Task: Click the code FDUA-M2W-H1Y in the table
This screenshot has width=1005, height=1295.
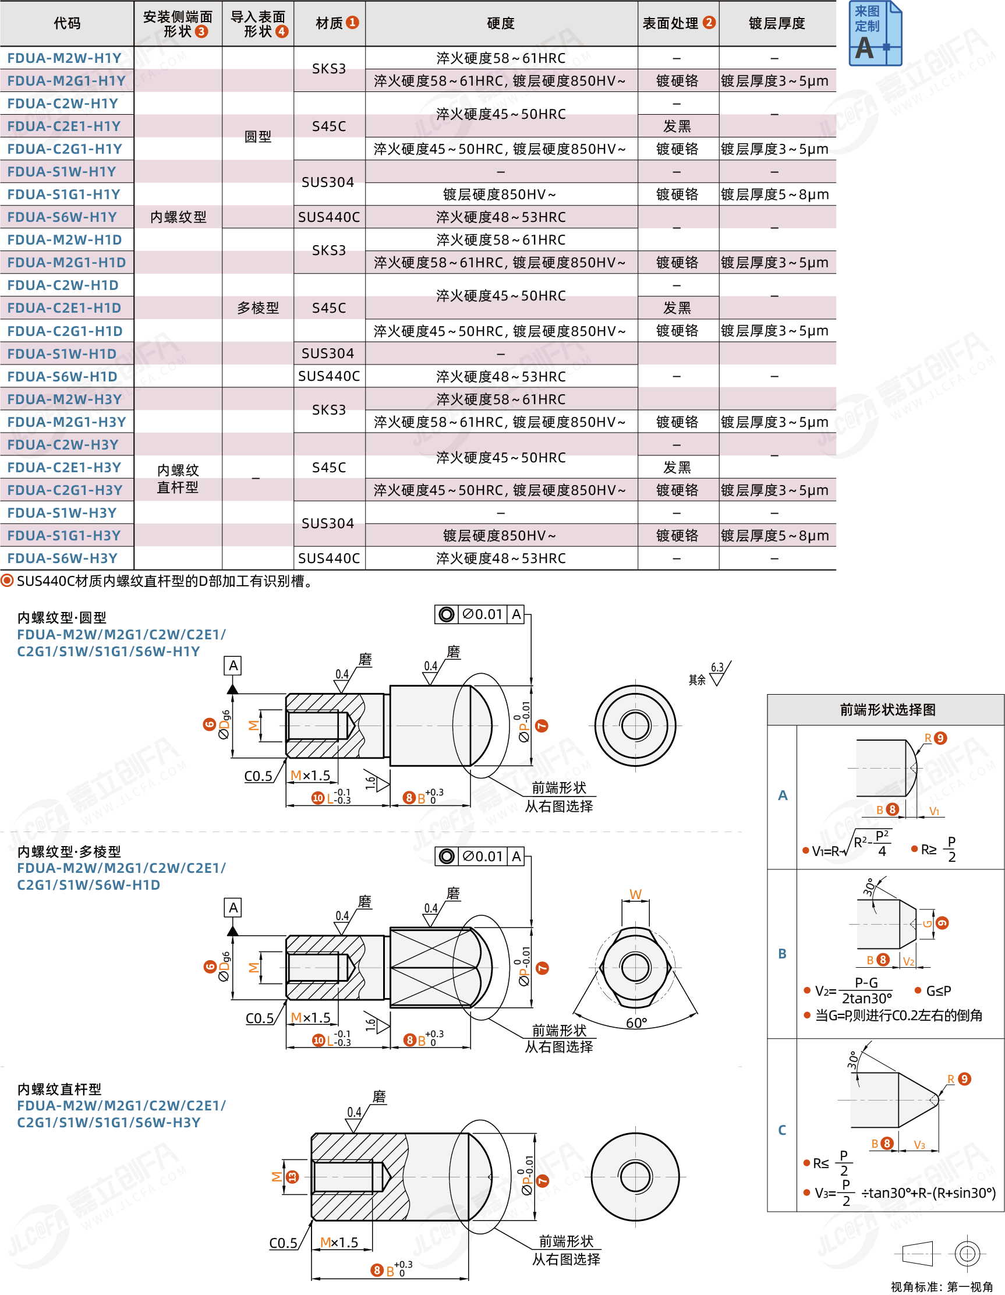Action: click(64, 58)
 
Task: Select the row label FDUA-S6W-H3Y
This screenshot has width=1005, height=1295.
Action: click(62, 558)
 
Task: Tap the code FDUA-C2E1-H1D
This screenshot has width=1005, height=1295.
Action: click(64, 308)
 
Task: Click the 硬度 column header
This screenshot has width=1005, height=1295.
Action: click(500, 23)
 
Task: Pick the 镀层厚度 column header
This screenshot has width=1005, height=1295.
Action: click(777, 23)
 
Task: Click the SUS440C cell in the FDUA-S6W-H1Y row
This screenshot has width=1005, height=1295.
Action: click(328, 217)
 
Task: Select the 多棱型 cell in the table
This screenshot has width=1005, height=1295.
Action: click(258, 308)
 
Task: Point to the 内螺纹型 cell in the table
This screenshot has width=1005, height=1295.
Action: click(178, 217)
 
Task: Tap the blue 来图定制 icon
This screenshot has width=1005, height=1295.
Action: click(875, 33)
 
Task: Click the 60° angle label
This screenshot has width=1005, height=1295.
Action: click(636, 1023)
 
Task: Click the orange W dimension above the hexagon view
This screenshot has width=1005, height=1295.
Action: click(635, 894)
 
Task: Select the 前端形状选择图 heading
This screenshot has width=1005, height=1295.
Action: click(887, 710)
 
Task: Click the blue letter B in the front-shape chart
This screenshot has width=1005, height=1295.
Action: click(782, 953)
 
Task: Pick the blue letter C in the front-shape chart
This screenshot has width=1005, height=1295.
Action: click(782, 1130)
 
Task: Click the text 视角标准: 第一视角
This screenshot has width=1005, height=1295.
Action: click(941, 1286)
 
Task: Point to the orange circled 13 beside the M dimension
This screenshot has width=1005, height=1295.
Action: click(292, 1177)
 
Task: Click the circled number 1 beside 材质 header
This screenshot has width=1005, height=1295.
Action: click(352, 23)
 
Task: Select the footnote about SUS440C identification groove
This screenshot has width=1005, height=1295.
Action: click(160, 581)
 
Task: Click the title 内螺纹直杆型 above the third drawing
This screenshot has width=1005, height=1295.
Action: click(59, 1089)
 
